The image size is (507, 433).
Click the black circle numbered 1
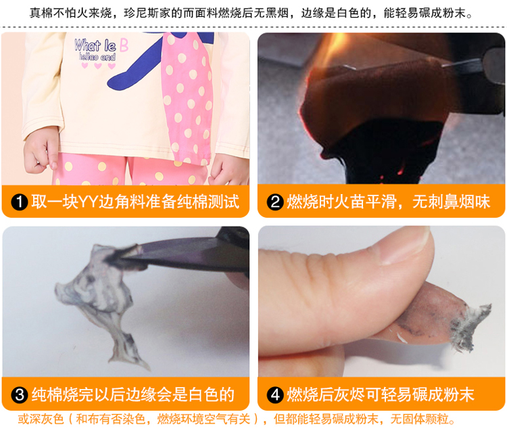[x=20, y=202]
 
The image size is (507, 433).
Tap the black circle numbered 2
[x=275, y=202]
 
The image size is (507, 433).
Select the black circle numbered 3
[x=20, y=395]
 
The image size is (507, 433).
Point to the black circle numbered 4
[x=275, y=395]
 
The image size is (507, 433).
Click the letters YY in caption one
[x=89, y=202]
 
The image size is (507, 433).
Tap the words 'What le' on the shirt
[x=95, y=45]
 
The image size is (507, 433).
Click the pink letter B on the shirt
[x=124, y=45]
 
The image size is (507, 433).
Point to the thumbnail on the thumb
[x=405, y=246]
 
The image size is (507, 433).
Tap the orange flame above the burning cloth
[x=330, y=49]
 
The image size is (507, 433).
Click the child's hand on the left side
[x=41, y=150]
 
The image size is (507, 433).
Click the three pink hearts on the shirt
[x=98, y=66]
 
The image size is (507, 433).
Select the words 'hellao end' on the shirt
[x=97, y=58]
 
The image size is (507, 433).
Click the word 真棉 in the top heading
[x=41, y=14]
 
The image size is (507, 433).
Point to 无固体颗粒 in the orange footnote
[x=419, y=419]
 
